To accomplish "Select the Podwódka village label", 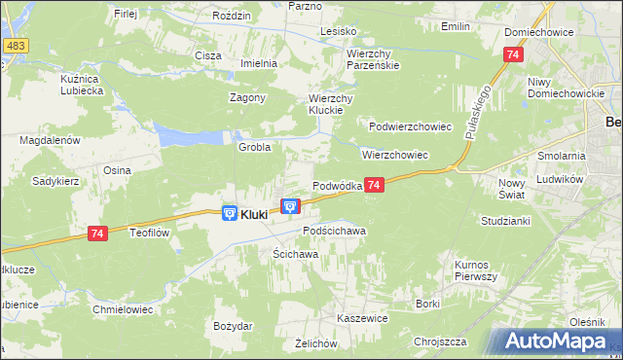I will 337,185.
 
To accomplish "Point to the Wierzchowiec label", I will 395,155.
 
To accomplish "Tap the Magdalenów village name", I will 50,140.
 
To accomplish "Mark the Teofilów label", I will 151,233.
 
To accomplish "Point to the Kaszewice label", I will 362,318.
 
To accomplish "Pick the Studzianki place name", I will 504,222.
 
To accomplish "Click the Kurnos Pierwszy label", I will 476,270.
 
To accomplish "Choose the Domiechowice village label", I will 538,32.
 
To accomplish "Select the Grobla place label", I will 254,147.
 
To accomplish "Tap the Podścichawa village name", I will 334,231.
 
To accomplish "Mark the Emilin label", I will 455,26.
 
